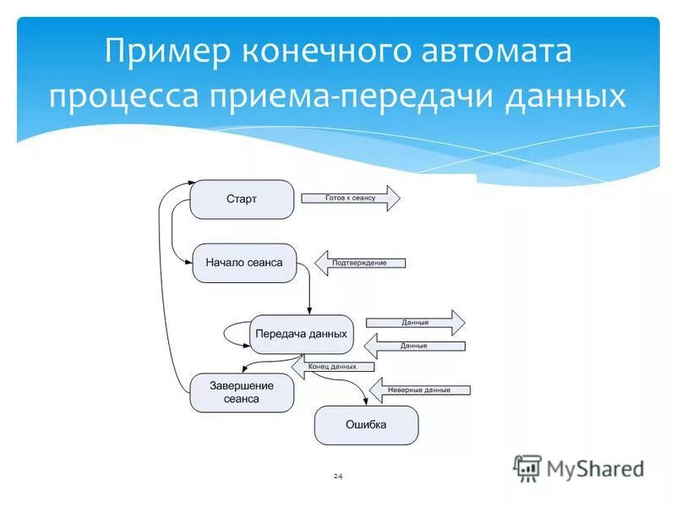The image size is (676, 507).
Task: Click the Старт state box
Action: [242, 199]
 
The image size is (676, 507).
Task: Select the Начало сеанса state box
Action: [244, 263]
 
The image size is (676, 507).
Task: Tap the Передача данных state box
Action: [301, 334]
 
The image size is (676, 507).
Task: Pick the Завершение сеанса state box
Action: [243, 392]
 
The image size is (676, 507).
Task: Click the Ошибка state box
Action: [366, 425]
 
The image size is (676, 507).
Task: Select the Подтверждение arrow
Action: [360, 263]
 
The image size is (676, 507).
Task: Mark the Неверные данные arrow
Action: [419, 390]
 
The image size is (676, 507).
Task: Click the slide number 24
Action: [338, 477]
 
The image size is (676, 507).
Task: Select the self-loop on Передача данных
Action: [233, 335]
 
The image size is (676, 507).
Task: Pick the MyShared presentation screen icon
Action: [528, 468]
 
